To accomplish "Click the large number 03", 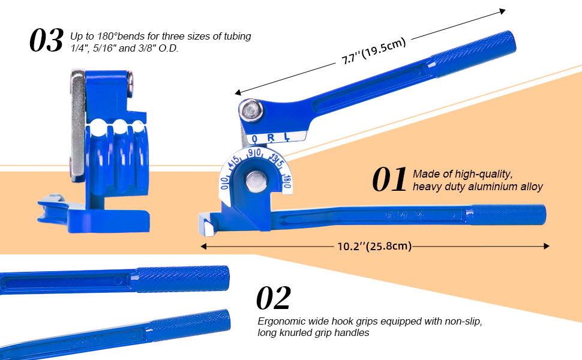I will [x=46, y=40].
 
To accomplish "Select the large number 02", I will [x=274, y=298].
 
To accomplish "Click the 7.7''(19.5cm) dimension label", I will [x=374, y=51].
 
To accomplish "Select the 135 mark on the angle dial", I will [x=277, y=161].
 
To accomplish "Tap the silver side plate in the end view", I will [x=76, y=126].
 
